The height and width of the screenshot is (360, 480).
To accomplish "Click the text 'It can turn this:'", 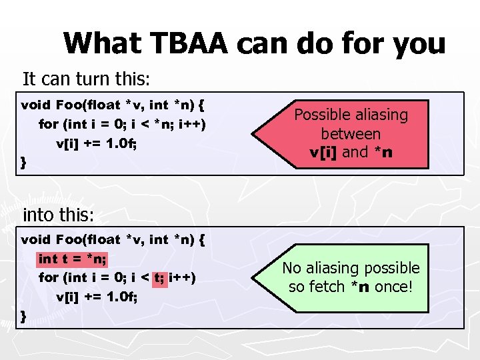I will click(87, 79).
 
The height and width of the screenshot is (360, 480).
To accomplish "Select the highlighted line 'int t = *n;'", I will click(73, 258).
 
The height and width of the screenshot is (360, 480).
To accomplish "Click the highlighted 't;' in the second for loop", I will click(160, 277).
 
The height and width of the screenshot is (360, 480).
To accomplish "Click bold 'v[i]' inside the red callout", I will click(325, 152).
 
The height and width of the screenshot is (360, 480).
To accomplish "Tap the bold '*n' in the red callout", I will click(383, 152).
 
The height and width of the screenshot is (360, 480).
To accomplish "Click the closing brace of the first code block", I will click(24, 162).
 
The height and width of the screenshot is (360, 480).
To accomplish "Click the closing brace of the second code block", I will click(24, 315).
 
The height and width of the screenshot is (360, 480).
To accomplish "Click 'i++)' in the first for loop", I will click(193, 124).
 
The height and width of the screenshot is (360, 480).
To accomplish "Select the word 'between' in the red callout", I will click(351, 133).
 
